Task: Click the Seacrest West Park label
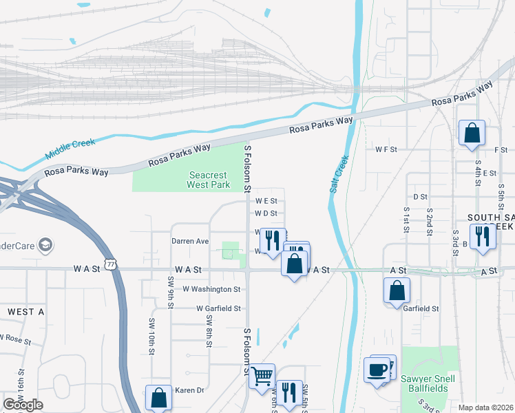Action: click(x=209, y=180)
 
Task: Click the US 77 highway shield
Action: click(x=111, y=264)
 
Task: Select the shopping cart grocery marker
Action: click(x=262, y=376)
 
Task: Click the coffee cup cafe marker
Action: click(x=377, y=370)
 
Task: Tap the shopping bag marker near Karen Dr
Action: click(x=158, y=397)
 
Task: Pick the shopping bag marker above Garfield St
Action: click(x=397, y=290)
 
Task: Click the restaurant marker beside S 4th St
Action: click(x=483, y=236)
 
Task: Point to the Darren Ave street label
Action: click(x=190, y=242)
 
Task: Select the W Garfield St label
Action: click(x=218, y=309)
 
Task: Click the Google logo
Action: click(x=23, y=405)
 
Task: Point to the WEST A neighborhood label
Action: click(x=25, y=312)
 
